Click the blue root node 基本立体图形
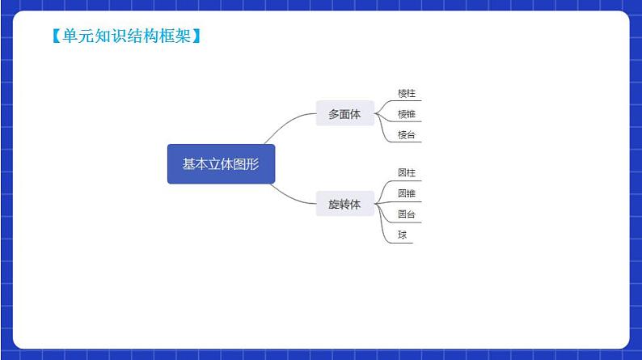pyautogui.click(x=221, y=164)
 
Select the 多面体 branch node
pyautogui.click(x=344, y=115)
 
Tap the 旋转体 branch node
pyautogui.click(x=344, y=204)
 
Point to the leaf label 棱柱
pyautogui.click(x=407, y=94)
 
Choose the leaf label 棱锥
pyautogui.click(x=407, y=115)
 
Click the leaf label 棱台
pyautogui.click(x=407, y=135)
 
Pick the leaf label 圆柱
pyautogui.click(x=407, y=173)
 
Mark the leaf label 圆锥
pyautogui.click(x=407, y=194)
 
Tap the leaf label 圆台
pyautogui.click(x=407, y=214)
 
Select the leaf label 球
pyautogui.click(x=402, y=235)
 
